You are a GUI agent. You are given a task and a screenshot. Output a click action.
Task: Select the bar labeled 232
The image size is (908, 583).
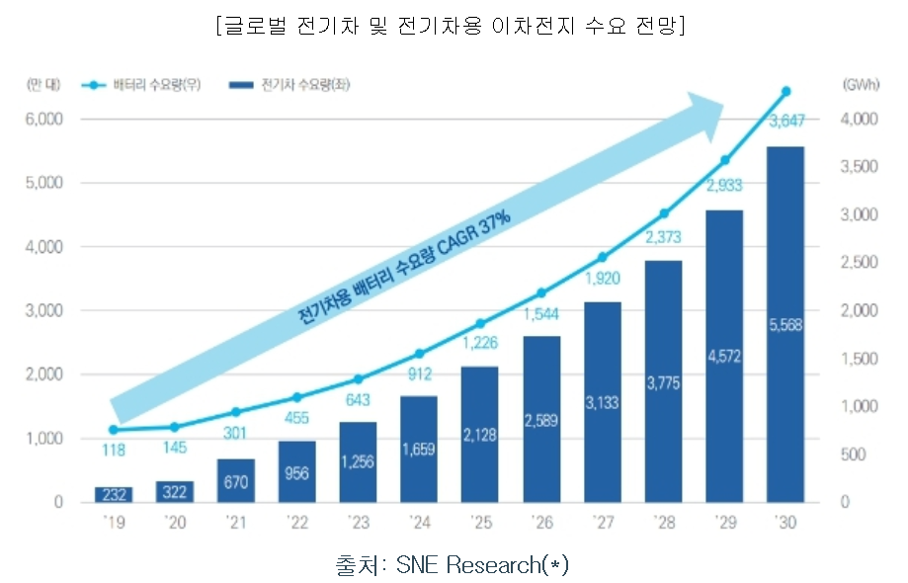114,494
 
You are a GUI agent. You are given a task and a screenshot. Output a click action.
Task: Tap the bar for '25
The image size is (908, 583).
480,434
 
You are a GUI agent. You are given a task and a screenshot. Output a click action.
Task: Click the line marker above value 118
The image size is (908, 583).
114,430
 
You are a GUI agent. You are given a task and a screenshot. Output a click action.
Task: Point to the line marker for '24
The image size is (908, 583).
419,354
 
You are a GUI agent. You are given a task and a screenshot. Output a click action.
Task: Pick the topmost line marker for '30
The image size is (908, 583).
785,92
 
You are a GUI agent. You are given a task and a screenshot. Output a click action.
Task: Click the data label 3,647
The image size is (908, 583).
785,122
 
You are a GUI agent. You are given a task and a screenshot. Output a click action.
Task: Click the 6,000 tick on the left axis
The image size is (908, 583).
43,120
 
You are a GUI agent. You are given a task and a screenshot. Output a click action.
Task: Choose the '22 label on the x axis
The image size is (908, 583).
296,521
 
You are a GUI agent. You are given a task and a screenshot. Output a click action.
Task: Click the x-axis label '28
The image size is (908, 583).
663,521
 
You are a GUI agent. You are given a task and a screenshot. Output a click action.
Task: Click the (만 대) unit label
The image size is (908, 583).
44,86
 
